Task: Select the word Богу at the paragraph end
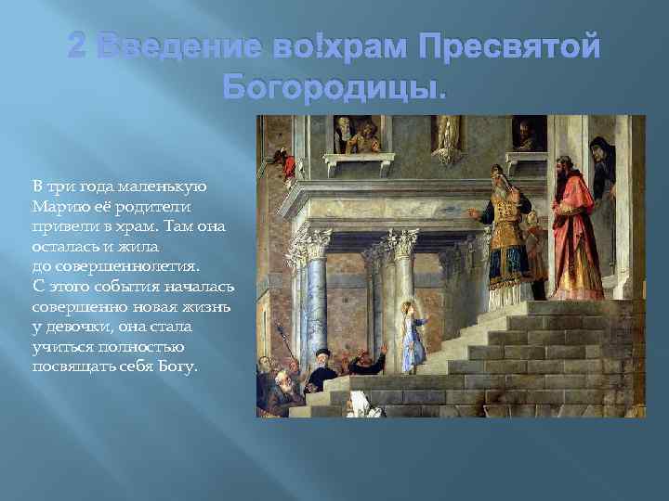point(178,366)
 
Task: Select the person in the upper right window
point(527,137)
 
